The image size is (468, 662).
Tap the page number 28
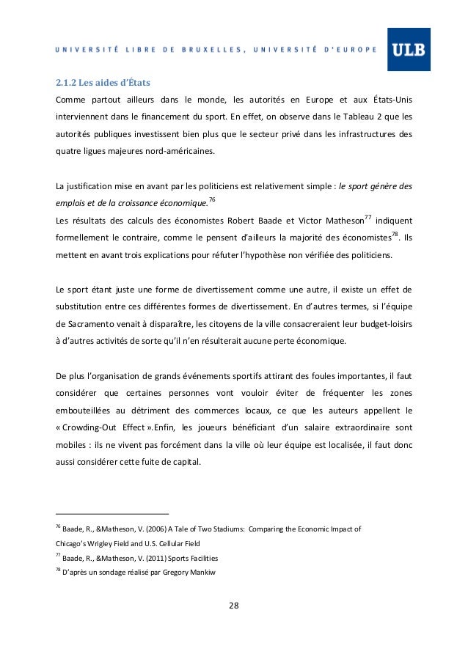pos(233,625)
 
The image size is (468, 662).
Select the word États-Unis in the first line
pos(390,100)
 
